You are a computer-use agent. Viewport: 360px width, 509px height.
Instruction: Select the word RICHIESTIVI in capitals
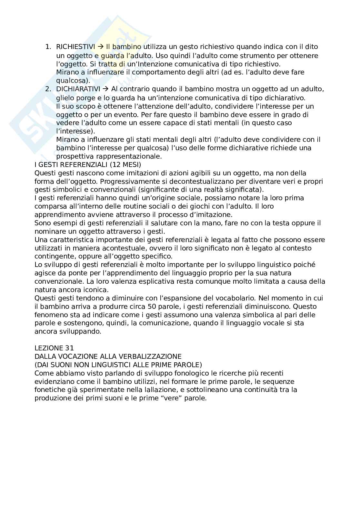pyautogui.click(x=75, y=47)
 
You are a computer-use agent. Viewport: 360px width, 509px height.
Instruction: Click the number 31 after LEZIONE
pyautogui.click(x=70, y=348)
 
